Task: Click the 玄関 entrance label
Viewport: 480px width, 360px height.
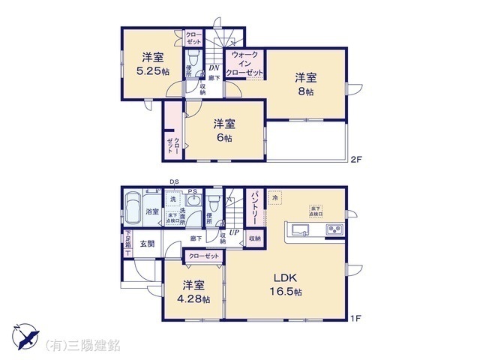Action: pos(147,243)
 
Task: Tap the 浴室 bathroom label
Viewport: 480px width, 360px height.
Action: pos(152,212)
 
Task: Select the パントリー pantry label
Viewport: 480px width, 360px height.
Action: pos(254,207)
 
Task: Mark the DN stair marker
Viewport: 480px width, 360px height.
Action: pos(213,67)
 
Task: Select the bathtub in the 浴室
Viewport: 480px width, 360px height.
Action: pos(133,207)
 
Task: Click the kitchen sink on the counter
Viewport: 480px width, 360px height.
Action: pos(299,229)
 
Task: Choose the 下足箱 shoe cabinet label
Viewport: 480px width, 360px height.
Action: pos(127,244)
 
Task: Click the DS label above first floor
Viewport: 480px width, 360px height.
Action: pos(174,182)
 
